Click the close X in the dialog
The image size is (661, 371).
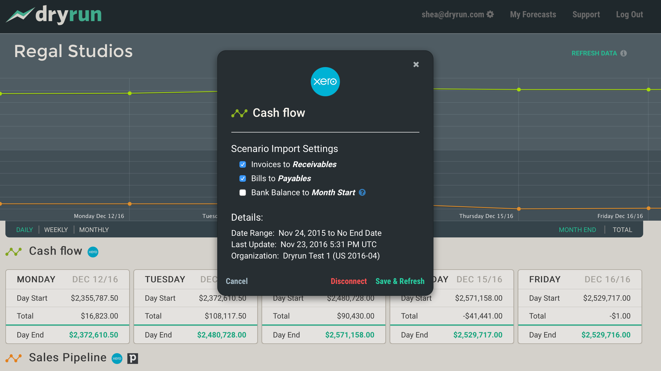(x=416, y=64)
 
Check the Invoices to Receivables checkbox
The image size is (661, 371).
(x=243, y=164)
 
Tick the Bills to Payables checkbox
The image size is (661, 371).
(x=243, y=178)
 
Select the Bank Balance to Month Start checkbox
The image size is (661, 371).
(x=243, y=193)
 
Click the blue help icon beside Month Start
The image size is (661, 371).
(x=362, y=193)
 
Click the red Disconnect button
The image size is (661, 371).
(x=349, y=281)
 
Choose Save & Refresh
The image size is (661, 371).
(x=400, y=281)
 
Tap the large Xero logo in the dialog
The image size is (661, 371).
(x=325, y=82)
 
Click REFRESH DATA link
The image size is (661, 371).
(x=594, y=53)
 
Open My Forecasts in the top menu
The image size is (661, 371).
(x=533, y=14)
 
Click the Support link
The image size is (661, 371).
(x=586, y=14)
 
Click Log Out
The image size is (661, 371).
(x=629, y=14)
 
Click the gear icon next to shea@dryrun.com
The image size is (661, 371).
(x=490, y=14)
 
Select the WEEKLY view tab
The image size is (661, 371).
(x=56, y=230)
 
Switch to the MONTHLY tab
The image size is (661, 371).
(x=94, y=230)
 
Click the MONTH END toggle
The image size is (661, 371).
(x=577, y=230)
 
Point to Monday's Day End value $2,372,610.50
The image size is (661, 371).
(x=94, y=335)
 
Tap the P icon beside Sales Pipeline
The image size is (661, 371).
(x=133, y=359)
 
